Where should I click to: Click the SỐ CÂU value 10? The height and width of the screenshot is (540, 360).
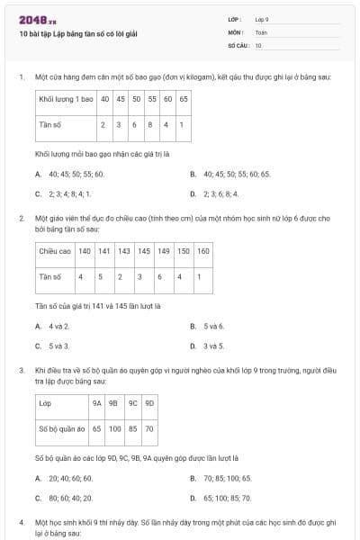click(x=258, y=45)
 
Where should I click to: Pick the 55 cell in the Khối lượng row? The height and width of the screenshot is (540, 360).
click(x=152, y=98)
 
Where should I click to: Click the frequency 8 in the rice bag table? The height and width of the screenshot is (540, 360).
click(x=152, y=124)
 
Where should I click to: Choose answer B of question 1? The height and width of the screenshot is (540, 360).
click(x=230, y=174)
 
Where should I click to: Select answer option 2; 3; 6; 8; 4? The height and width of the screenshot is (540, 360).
click(x=230, y=193)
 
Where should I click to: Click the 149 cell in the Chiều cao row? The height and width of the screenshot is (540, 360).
click(x=162, y=251)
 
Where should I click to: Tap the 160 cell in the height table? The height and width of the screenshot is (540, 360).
click(x=203, y=251)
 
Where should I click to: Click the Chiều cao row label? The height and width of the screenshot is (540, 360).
click(x=54, y=251)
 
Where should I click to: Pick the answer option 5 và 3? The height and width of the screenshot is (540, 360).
click(x=59, y=346)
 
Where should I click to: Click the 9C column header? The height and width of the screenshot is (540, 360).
click(x=132, y=403)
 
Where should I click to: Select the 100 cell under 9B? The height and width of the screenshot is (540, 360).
click(x=114, y=428)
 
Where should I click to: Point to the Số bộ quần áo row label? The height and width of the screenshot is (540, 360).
click(x=61, y=428)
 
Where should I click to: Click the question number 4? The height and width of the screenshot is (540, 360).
click(x=21, y=522)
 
